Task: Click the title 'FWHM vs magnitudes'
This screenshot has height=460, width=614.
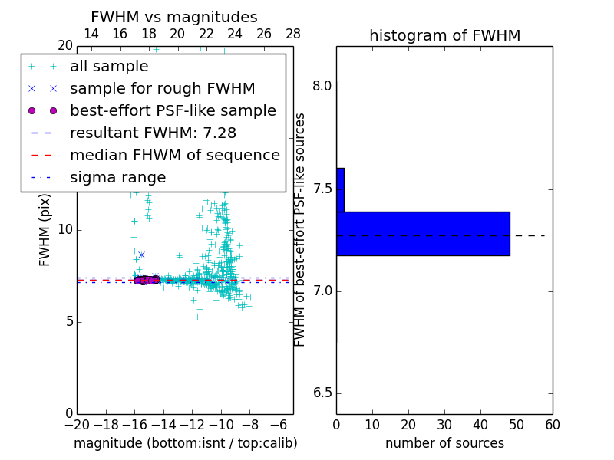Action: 174,17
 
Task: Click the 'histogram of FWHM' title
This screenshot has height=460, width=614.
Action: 444,35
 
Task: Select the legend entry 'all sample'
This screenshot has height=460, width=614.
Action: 109,67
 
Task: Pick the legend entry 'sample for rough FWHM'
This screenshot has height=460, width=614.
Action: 162,88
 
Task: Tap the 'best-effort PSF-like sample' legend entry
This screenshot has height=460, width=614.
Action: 173,110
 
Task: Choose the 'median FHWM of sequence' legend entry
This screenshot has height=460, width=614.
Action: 174,155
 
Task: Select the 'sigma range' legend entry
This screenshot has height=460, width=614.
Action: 117,177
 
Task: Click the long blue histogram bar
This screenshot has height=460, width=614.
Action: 423,233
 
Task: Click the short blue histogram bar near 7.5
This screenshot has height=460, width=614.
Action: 340,189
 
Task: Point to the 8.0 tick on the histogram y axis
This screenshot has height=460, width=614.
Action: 322,86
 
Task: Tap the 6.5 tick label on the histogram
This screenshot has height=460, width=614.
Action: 322,393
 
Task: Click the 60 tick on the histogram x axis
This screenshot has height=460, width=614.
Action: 552,425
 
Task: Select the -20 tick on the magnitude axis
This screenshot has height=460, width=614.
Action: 77,425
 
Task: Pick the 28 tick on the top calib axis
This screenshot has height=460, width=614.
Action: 292,34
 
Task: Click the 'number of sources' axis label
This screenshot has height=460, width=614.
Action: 444,443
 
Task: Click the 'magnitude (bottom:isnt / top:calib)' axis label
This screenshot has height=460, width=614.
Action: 185,443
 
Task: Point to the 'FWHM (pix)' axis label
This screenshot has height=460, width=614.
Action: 45,230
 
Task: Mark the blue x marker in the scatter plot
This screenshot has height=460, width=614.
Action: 141,255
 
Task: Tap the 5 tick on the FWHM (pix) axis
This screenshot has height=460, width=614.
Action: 68,321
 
